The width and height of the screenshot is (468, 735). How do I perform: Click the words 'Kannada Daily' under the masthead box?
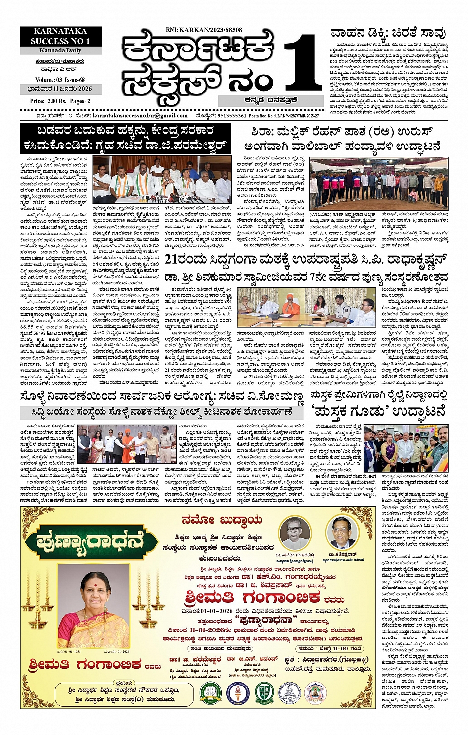pyautogui.click(x=61, y=50)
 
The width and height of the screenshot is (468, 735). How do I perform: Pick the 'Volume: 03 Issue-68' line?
pyautogui.click(x=60, y=80)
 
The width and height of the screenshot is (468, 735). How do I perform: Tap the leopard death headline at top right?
pyautogui.click(x=388, y=34)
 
